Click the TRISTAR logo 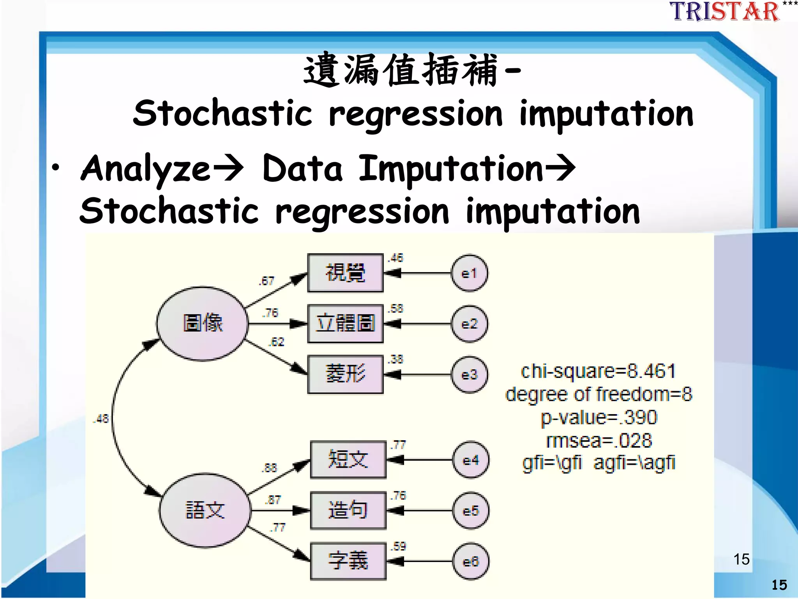725,12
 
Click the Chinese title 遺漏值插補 401,70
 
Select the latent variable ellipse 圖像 203,324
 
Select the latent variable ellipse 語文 205,510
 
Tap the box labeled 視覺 345,273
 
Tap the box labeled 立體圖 345,324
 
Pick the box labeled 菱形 345,374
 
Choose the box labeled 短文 348,459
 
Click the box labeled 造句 348,510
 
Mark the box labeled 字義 348,561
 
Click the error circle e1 469,273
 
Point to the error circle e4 471,460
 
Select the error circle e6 471,562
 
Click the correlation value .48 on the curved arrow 101,419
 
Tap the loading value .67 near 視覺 267,281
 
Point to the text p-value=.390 599,417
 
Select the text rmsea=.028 599,441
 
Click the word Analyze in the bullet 145,168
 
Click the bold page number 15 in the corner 779,585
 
